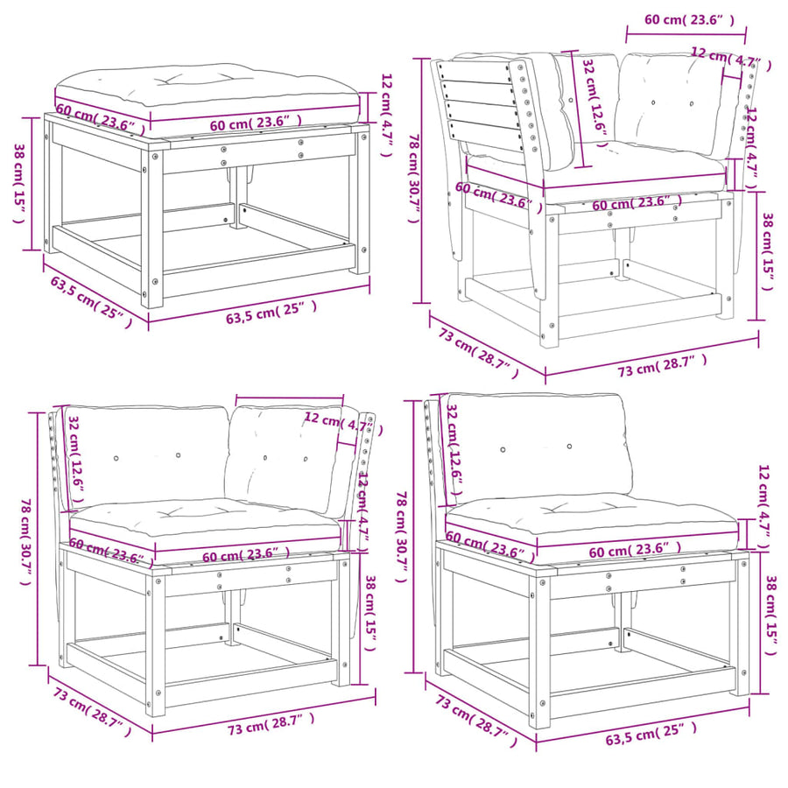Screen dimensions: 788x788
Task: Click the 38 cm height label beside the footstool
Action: pyautogui.click(x=19, y=183)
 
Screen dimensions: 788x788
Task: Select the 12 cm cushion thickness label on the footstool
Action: pyautogui.click(x=386, y=115)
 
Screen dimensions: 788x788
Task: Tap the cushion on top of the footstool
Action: pyautogui.click(x=207, y=91)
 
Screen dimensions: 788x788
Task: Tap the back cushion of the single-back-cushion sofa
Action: pyautogui.click(x=535, y=450)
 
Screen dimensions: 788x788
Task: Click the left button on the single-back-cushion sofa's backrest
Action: pyautogui.click(x=503, y=450)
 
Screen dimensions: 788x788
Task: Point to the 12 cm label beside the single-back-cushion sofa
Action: pyautogui.click(x=763, y=507)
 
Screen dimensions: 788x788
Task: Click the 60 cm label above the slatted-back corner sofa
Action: pyautogui.click(x=689, y=19)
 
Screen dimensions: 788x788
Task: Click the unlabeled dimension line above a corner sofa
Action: pyautogui.click(x=290, y=397)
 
